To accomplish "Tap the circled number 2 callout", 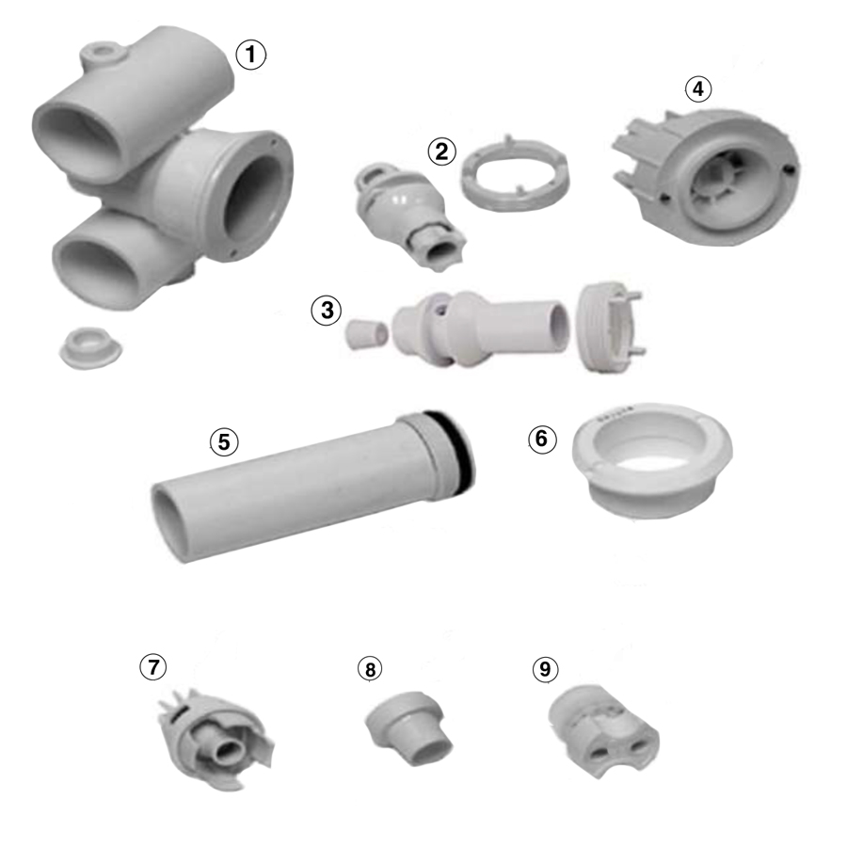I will pos(440,151).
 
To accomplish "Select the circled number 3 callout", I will pos(326,311).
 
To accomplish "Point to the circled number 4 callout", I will pos(696,89).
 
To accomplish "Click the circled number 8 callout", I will pos(371,669).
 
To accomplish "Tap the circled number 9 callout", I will pos(544,669).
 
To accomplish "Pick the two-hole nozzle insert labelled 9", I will pos(604,729).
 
